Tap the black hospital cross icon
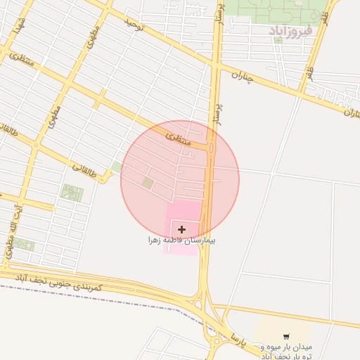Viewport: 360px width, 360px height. pos(182,229)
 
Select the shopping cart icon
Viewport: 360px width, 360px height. pos(285,337)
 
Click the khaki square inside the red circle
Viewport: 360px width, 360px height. pos(148,183)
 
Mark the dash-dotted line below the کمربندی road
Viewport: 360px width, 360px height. pos(105,298)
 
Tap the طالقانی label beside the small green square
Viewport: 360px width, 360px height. pos(84,168)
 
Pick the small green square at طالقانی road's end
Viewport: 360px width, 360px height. pos(116,167)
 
